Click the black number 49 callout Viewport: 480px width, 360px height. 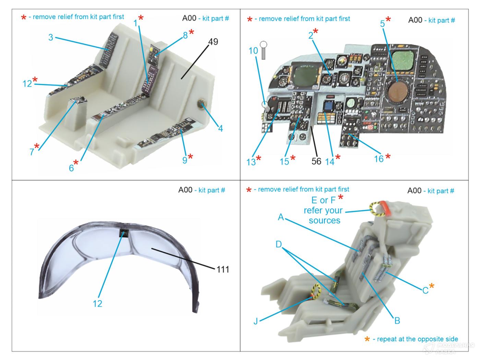pos(213,41)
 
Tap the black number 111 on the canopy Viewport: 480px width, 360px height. pos(223,269)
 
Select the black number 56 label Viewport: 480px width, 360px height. pos(316,161)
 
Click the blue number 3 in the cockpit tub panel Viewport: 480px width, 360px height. pos(51,37)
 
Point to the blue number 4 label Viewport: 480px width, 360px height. pos(220,128)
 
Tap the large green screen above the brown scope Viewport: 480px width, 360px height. pos(403,60)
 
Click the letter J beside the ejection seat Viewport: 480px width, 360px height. pos(256,321)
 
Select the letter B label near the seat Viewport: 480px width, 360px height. pos(397,320)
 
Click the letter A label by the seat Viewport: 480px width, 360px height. pos(281,217)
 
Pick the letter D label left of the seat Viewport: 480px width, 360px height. pos(279,244)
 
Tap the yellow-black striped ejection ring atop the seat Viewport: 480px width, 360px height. pos(376,209)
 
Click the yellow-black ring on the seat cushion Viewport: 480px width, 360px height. pos(315,291)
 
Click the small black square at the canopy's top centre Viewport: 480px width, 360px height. pos(123,233)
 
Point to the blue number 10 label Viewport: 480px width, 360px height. pos(253,51)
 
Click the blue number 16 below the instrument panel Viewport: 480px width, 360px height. pos(379,158)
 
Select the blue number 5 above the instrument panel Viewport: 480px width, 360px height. pos(382,24)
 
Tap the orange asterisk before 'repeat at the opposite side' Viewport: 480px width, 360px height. pos(367,339)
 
